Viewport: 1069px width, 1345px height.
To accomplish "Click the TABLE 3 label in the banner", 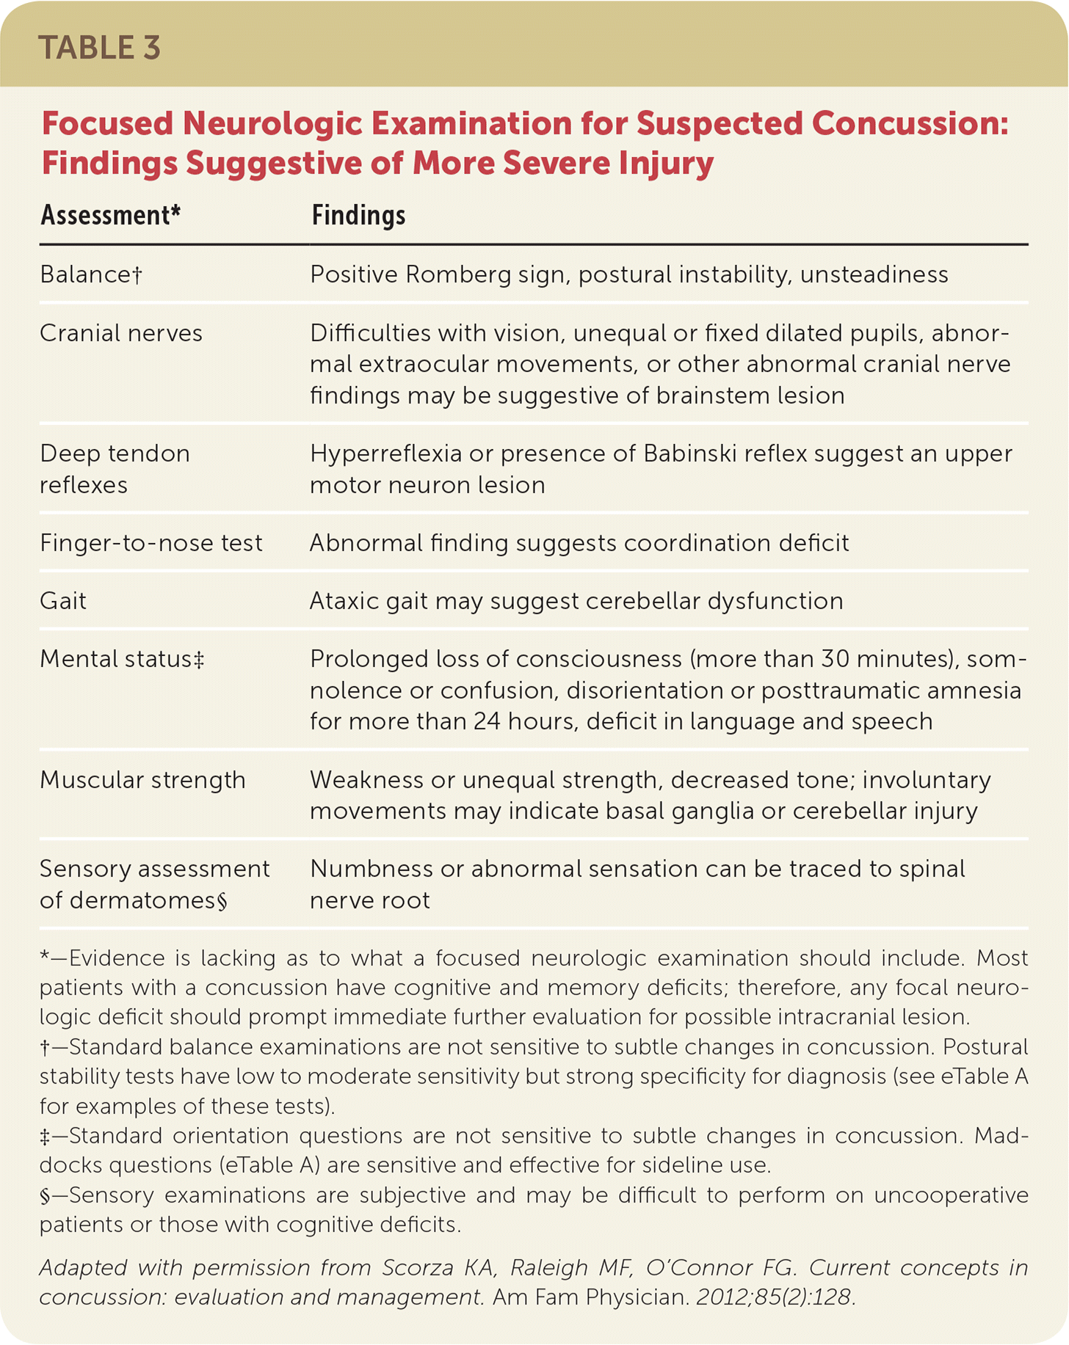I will coord(99,48).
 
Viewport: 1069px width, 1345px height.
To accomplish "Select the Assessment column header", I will coord(110,215).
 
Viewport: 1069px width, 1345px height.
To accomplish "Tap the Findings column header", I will coord(358,215).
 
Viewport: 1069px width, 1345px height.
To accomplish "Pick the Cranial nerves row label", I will coord(121,333).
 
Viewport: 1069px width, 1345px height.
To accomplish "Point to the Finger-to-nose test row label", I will coord(151,543).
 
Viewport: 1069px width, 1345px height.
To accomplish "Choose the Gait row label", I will coord(63,601).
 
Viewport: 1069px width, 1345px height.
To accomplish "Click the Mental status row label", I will coord(122,659).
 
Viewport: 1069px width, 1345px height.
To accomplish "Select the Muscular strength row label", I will coord(142,779).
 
